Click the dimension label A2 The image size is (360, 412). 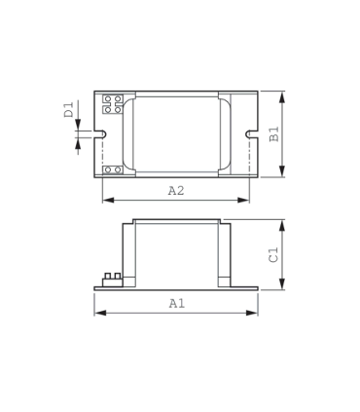click(176, 192)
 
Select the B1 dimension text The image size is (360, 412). click(275, 135)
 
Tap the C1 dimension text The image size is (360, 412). click(275, 255)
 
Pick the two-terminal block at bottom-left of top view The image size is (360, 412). click(112, 170)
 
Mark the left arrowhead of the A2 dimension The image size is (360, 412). click(105, 201)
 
